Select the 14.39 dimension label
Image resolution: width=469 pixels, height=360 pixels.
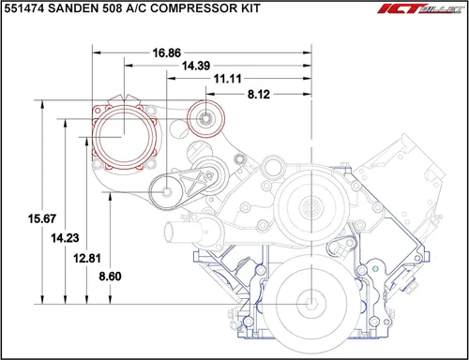point(197,67)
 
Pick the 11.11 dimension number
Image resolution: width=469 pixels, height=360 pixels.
point(229,81)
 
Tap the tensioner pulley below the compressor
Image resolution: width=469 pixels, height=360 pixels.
point(167,192)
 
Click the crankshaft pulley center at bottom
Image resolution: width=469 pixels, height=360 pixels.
point(310,303)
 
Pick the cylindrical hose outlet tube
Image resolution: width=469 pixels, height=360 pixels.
point(177,231)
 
